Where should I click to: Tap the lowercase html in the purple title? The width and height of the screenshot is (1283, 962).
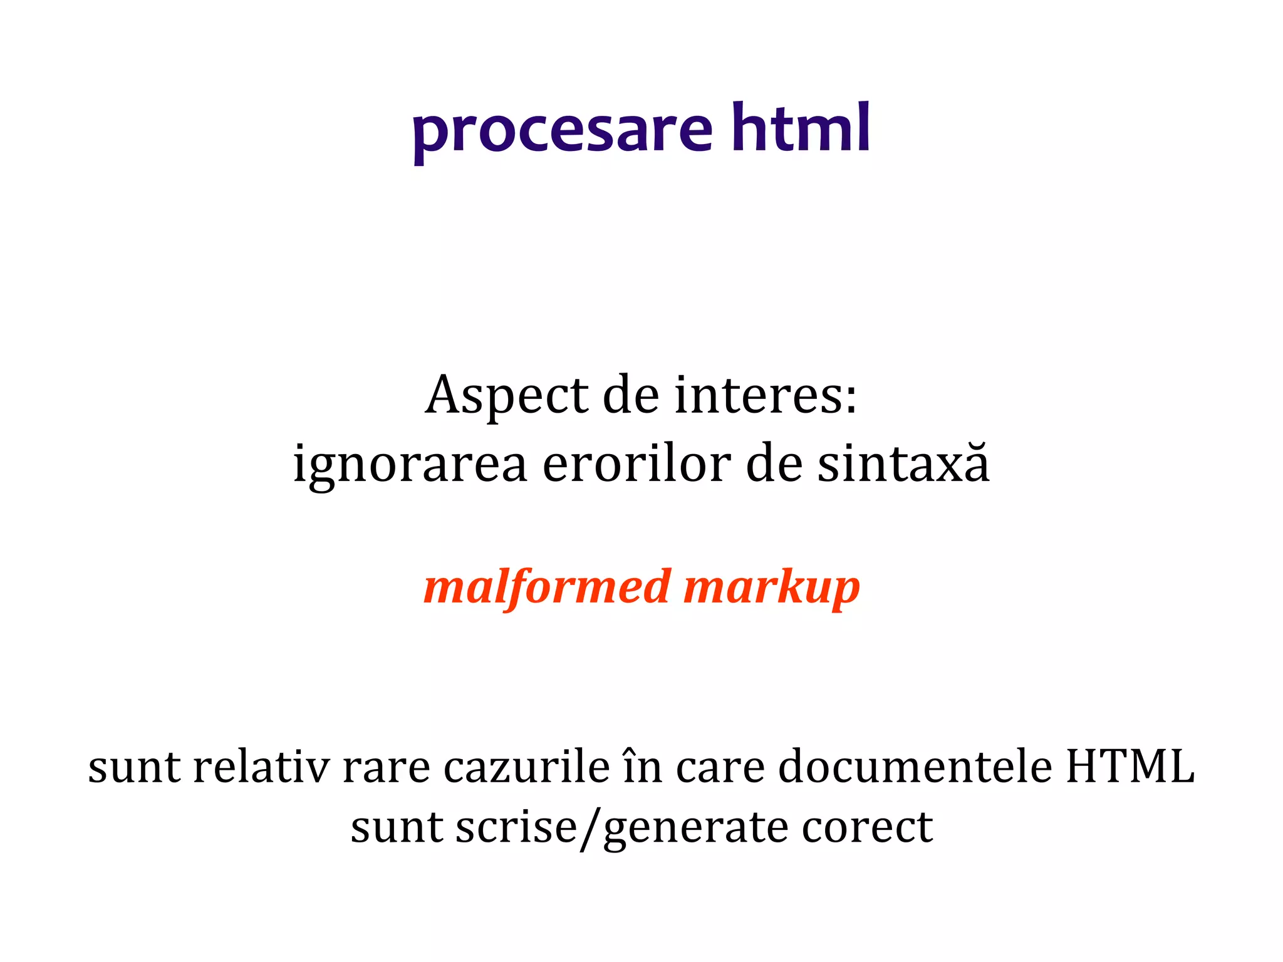[801, 128]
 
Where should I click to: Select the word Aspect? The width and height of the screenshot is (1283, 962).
[506, 397]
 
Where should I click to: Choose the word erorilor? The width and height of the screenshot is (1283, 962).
[636, 465]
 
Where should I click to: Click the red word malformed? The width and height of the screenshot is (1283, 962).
[547, 587]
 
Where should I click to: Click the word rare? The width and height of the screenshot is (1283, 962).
[387, 768]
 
